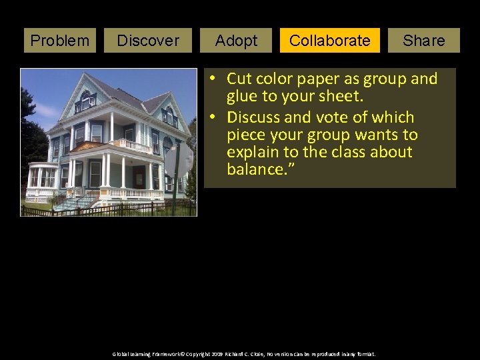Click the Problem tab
[x=60, y=41]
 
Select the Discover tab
[x=148, y=41]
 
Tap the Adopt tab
[x=237, y=41]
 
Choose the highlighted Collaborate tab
[x=330, y=41]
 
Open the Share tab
[x=424, y=41]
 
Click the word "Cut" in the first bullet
[x=240, y=79]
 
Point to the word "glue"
[x=243, y=96]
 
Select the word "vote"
[x=341, y=117]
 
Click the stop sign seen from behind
[x=179, y=160]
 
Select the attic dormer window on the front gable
[x=85, y=101]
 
